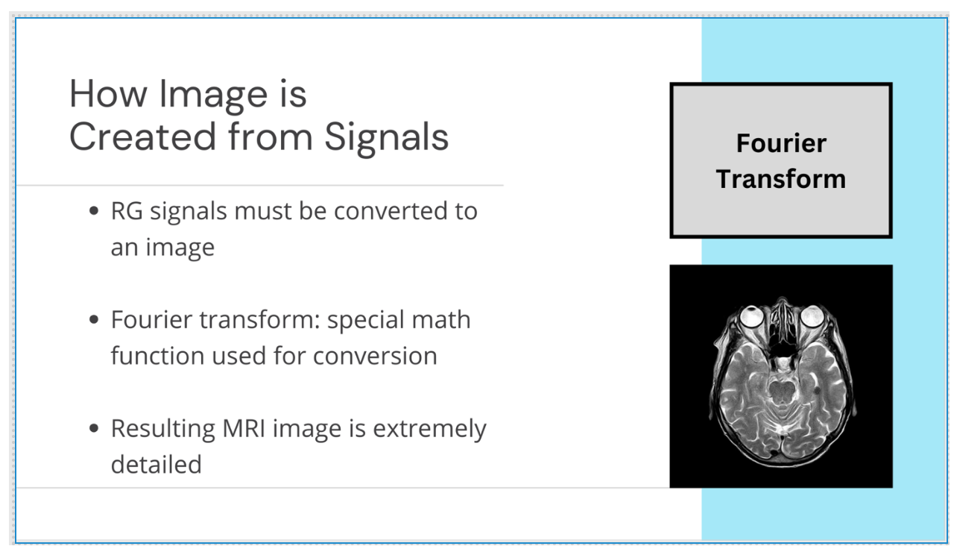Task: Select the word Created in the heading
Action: point(130,138)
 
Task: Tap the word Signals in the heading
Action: point(387,138)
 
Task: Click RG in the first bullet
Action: point(127,212)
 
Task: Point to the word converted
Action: point(388,212)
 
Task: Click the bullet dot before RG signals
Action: point(93,212)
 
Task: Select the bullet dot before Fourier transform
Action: point(93,321)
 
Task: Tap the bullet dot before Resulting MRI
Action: point(93,430)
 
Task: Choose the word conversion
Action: point(375,357)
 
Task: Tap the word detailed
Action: point(157,465)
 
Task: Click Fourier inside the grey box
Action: point(781,143)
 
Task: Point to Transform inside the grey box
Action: point(781,179)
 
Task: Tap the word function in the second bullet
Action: point(157,357)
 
